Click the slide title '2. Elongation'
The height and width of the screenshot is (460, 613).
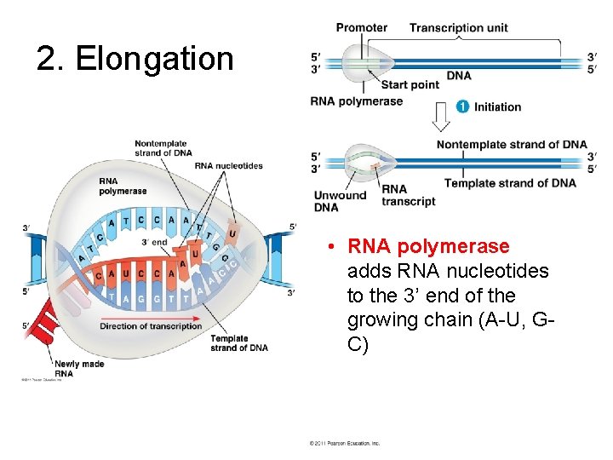point(135,59)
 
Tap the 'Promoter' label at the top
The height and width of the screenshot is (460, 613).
point(361,27)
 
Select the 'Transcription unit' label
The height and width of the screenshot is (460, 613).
point(458,27)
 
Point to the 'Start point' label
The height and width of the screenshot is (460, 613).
point(410,84)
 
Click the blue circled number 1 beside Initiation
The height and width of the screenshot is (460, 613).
point(462,106)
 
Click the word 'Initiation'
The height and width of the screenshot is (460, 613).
point(497,106)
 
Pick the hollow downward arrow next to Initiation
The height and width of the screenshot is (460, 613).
point(440,114)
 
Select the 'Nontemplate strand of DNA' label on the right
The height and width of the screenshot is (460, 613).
point(512,144)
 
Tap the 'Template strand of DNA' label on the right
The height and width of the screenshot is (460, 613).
point(510,183)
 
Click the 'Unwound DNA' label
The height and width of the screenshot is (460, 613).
point(339,201)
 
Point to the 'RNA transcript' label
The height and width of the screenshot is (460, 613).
point(408,195)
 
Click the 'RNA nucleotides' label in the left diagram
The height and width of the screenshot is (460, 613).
point(228,165)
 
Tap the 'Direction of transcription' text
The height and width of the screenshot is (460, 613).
point(151,326)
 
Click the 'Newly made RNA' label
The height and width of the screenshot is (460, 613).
point(79,368)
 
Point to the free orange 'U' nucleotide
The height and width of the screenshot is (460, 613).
point(232,233)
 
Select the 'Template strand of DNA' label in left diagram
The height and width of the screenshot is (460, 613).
point(239,342)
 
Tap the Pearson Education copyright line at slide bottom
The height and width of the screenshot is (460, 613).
point(344,443)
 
